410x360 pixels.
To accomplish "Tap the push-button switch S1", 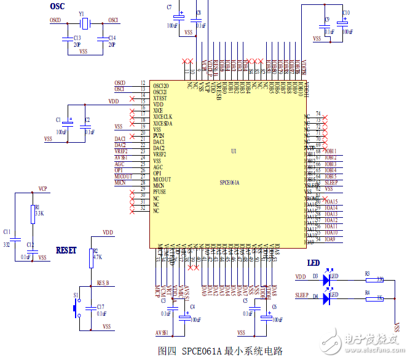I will [77, 307].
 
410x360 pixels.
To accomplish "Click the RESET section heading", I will [66, 250].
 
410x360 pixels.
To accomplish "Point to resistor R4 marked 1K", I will [374, 298].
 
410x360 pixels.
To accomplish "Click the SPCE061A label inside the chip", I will [229, 183].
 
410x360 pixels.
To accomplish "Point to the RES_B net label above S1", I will [103, 283].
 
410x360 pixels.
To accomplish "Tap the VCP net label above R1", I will [43, 188].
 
